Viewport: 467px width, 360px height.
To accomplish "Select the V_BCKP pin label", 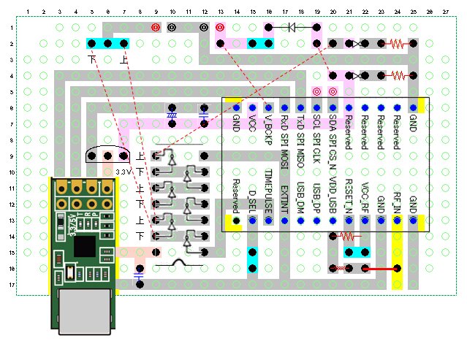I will pyautogui.click(x=269, y=129).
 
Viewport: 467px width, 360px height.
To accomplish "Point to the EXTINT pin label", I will pyautogui.click(x=284, y=195).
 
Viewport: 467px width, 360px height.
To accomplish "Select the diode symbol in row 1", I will pyautogui.click(x=292, y=28).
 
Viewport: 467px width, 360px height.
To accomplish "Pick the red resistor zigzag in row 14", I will pyautogui.click(x=349, y=236).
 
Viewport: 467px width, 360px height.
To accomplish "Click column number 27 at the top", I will pyautogui.click(x=446, y=12).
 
